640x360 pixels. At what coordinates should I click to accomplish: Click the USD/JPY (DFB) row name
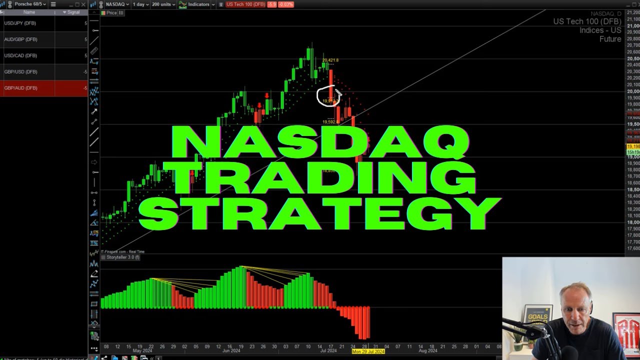(x=20, y=23)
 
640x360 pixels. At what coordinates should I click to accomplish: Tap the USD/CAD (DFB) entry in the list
(x=20, y=55)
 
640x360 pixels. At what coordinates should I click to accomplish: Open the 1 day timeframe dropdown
(x=139, y=4)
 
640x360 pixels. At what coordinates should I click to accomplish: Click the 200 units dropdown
(x=164, y=4)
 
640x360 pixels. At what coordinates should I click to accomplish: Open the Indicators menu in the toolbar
(x=197, y=4)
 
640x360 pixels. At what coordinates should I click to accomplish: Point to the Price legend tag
(x=111, y=13)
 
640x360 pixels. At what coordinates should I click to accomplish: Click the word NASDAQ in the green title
(x=320, y=142)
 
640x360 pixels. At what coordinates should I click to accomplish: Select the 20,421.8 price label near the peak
(x=330, y=60)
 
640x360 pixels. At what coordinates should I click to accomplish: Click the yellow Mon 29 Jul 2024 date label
(x=368, y=351)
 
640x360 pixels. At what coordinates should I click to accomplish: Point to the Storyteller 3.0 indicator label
(x=120, y=257)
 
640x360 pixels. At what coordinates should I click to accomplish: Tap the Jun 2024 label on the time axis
(x=231, y=351)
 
